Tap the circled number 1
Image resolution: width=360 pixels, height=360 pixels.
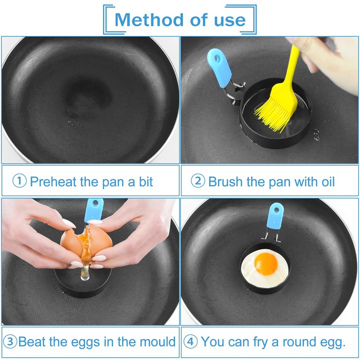tap(19, 181)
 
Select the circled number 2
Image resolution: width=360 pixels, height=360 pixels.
tap(198, 181)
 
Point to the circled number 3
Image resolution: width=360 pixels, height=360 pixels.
tap(10, 342)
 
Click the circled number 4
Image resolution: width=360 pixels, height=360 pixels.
tap(190, 342)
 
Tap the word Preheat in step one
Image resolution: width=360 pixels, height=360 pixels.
tap(54, 182)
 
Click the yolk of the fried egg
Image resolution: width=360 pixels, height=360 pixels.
tap(266, 264)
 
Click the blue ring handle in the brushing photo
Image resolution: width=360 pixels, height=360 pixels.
tap(219, 67)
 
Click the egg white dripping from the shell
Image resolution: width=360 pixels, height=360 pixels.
tap(85, 271)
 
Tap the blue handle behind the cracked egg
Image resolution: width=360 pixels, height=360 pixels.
tap(94, 210)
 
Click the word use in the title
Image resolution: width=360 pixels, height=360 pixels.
tap(230, 20)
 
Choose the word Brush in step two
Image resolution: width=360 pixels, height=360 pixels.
tap(225, 182)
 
